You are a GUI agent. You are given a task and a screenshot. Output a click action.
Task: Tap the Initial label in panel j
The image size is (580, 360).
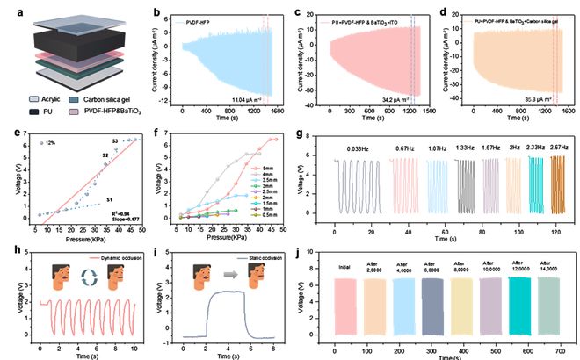click(346, 264)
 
